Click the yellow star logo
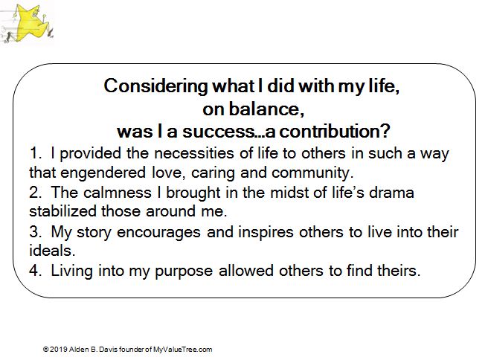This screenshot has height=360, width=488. click(30, 23)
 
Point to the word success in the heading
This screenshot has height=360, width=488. click(219, 132)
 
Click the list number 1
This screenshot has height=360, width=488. click(35, 153)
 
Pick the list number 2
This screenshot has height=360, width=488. click(35, 193)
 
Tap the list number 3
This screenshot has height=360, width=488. click(35, 232)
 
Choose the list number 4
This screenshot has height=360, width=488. click(35, 271)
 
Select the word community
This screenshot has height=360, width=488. click(312, 173)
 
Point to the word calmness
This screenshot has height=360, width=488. click(117, 193)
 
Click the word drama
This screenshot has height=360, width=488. click(391, 193)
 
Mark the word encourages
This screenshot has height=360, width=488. click(158, 232)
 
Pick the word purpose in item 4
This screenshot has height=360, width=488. click(184, 271)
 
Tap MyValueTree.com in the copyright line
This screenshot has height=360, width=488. click(183, 350)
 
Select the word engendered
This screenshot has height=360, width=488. click(103, 173)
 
